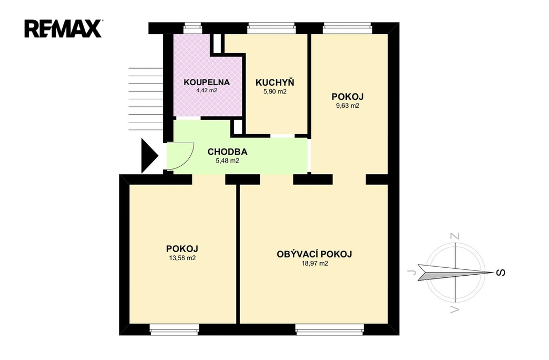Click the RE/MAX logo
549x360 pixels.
click(63, 28)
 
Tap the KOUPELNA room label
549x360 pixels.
click(206, 83)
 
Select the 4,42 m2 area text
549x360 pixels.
click(206, 91)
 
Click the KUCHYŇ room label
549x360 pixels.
click(275, 82)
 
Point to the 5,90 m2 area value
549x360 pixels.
click(275, 92)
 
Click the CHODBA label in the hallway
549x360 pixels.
click(227, 152)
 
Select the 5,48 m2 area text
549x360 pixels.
click(227, 161)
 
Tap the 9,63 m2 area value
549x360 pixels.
click(347, 106)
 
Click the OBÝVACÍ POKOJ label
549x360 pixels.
click(314, 254)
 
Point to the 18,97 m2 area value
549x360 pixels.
click(314, 263)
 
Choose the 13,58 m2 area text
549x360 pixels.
click(182, 258)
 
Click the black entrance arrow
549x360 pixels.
click(150, 156)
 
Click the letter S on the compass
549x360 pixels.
click(501, 273)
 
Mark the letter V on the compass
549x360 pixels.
click(455, 309)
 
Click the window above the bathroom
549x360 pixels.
click(192, 28)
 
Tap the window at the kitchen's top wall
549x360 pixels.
click(271, 28)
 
